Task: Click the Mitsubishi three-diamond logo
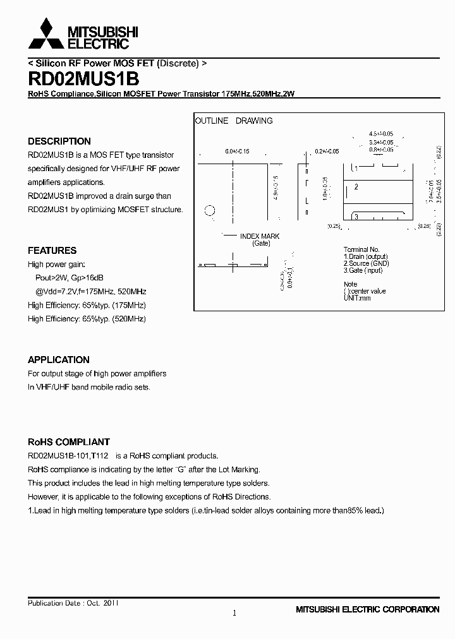tap(46, 34)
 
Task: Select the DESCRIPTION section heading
tap(59, 141)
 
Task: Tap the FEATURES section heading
tap(52, 251)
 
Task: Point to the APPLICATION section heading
tap(59, 360)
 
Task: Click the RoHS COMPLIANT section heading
tap(69, 442)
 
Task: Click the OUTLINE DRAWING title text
tap(234, 121)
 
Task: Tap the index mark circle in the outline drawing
tap(210, 211)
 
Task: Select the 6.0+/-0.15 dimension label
tap(237, 152)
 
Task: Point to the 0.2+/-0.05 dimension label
tap(327, 152)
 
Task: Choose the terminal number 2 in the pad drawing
tap(356, 187)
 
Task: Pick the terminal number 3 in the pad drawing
tap(356, 217)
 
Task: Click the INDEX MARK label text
tap(260, 236)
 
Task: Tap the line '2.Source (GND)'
tap(367, 263)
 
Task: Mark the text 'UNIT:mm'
tap(357, 297)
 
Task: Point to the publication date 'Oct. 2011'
tap(102, 603)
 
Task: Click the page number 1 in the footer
tap(234, 613)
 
